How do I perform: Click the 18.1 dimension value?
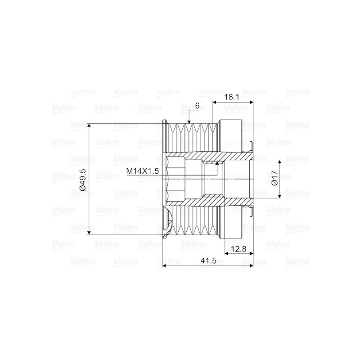[233, 96]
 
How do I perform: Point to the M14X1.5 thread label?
[143, 171]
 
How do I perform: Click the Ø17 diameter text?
[274, 179]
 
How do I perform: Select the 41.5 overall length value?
[207, 261]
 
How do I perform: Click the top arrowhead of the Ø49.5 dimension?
[90, 126]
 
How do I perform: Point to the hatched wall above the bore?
[189, 157]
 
